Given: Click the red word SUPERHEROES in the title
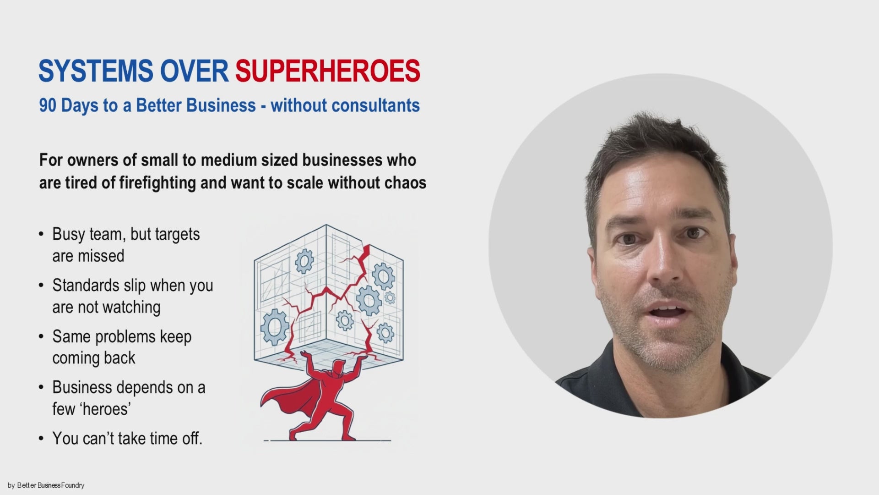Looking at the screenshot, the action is (x=327, y=71).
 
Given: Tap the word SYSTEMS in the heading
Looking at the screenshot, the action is (x=95, y=71).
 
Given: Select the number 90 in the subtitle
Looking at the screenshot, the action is (x=48, y=105).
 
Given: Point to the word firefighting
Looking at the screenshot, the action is (x=157, y=183).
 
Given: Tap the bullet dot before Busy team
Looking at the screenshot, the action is (x=41, y=235).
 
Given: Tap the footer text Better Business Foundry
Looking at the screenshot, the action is (x=51, y=485).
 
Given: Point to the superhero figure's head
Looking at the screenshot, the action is (x=338, y=367).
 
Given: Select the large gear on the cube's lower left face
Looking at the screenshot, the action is (x=275, y=326).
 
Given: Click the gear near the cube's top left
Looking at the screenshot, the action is (x=304, y=261).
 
